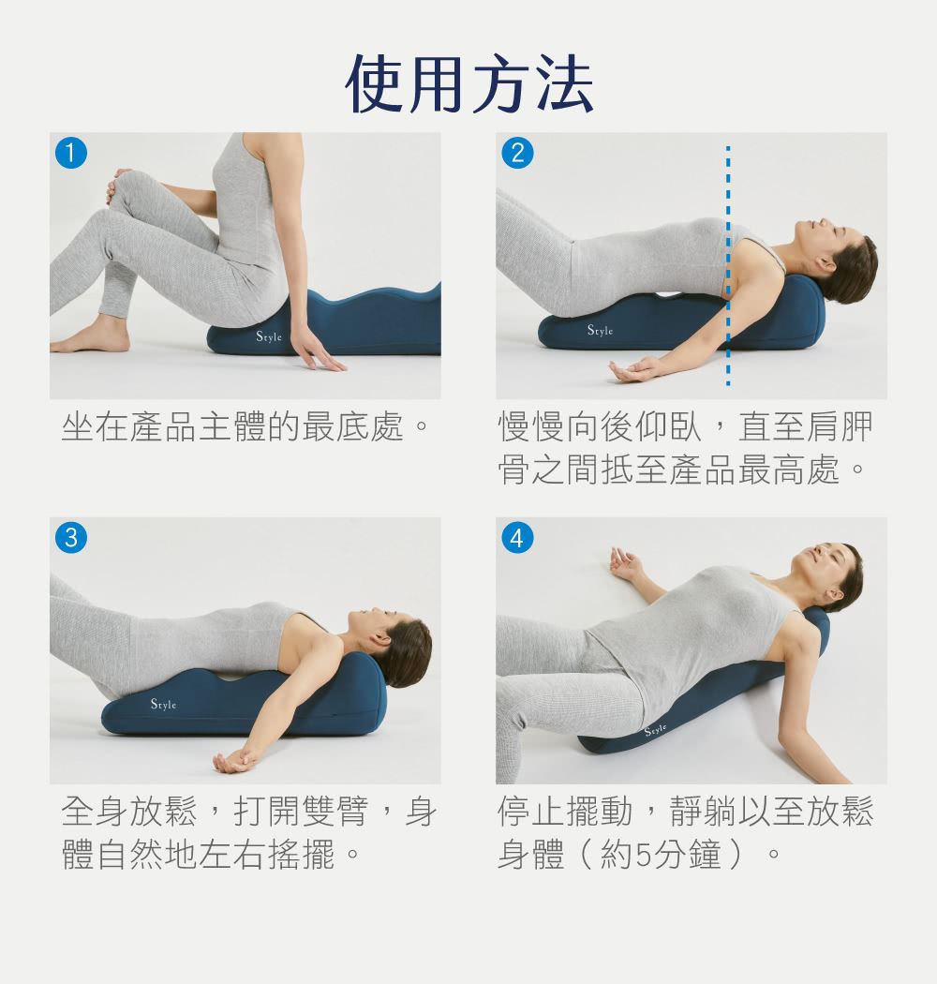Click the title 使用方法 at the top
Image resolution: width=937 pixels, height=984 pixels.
468,84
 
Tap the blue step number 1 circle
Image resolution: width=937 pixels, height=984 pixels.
71,153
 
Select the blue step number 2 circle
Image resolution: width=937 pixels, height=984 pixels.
518,153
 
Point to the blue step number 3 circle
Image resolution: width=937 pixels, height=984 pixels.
71,538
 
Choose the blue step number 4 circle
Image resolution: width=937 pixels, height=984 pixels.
518,538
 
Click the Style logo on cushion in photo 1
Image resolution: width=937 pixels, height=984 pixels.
269,336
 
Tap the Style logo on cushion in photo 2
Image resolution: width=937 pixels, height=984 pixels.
600,330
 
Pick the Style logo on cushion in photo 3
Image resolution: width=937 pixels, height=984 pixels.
163,704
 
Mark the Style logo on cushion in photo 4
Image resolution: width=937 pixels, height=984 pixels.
656,729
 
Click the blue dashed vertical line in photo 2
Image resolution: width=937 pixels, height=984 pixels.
728,265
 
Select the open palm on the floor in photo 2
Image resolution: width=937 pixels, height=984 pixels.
633,369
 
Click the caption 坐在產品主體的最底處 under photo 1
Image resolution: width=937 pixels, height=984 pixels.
232,426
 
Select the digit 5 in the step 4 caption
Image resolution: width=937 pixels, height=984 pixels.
644,854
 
